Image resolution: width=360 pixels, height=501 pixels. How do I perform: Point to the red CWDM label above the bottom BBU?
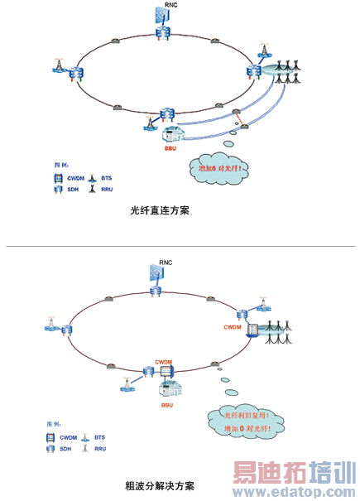(x=163, y=363)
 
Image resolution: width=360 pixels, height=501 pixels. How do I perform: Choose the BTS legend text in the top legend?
(x=107, y=178)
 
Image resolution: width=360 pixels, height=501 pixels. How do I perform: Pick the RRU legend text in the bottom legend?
(x=101, y=448)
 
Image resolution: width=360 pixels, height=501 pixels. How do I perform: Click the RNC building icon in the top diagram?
(x=163, y=18)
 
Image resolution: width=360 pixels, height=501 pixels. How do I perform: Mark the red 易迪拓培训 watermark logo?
(x=290, y=474)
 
